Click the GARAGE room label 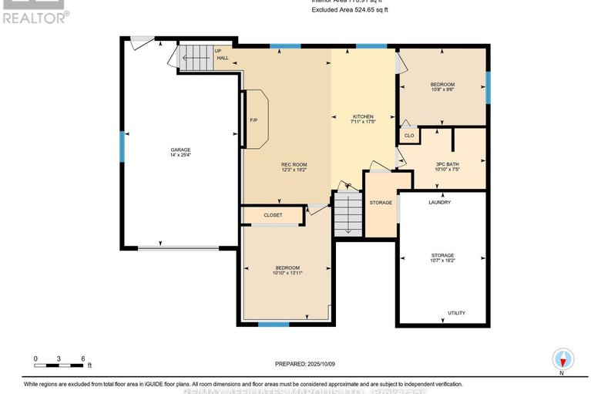tap(181, 150)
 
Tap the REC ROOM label tap(294, 163)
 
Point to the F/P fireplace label tap(254, 120)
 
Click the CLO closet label tap(409, 136)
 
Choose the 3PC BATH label tap(447, 164)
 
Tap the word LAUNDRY tap(439, 202)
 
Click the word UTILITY tap(457, 313)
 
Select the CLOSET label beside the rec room tap(273, 215)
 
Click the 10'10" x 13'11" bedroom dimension tap(287, 272)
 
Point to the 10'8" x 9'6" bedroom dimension tap(442, 89)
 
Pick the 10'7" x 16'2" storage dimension tap(442, 261)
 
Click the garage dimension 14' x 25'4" tap(181, 156)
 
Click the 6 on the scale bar tap(83, 359)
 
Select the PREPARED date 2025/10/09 tap(324, 364)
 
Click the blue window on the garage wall tap(122, 146)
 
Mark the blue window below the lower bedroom tap(268, 324)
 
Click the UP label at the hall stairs tap(219, 52)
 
